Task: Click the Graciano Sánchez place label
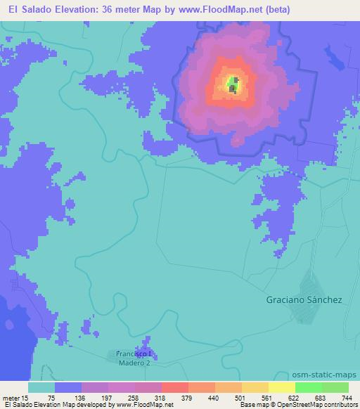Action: pyautogui.click(x=304, y=299)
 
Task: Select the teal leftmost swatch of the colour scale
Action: pyautogui.click(x=41, y=387)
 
